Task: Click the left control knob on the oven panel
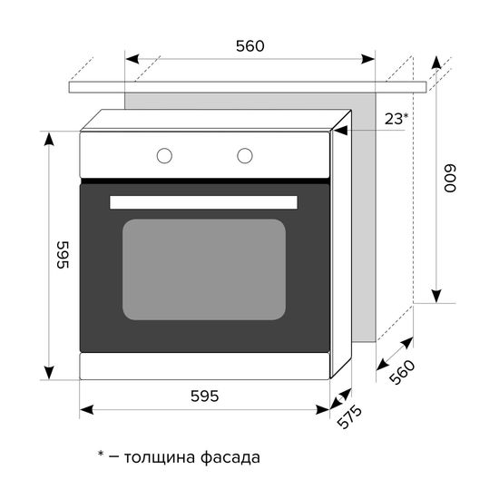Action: pyautogui.click(x=164, y=155)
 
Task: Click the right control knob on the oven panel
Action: pyautogui.click(x=245, y=155)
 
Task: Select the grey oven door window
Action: pyautogui.click(x=204, y=269)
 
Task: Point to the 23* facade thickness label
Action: pyautogui.click(x=396, y=119)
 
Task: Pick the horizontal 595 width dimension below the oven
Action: pyautogui.click(x=204, y=396)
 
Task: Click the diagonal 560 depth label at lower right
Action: pyautogui.click(x=400, y=373)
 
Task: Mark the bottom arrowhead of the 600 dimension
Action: pyautogui.click(x=436, y=295)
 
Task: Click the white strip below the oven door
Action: pyautogui.click(x=204, y=366)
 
